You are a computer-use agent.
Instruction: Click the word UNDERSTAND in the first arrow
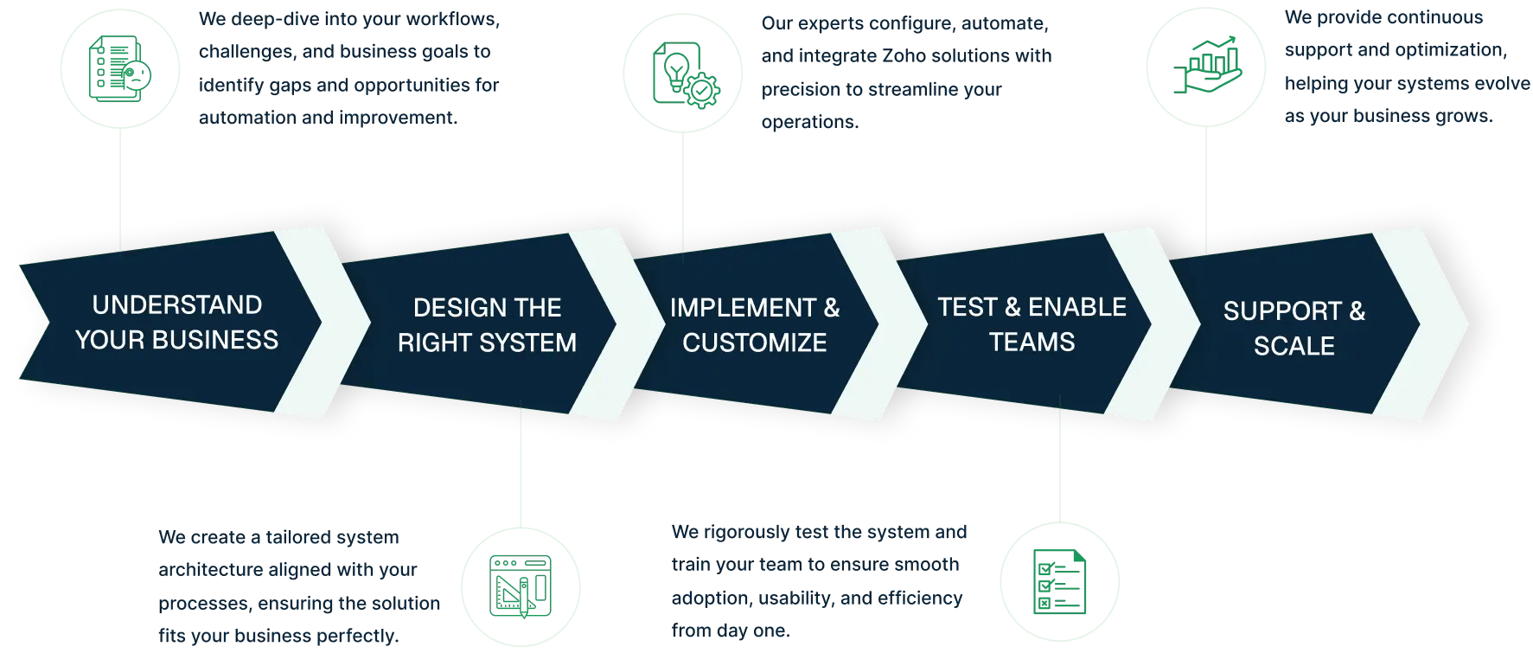[176, 305]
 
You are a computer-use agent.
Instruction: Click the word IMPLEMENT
[742, 308]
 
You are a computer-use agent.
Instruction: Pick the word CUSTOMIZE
[754, 343]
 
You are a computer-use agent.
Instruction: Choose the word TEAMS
[1032, 342]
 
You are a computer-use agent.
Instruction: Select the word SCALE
[1293, 346]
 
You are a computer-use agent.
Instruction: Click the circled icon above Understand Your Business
[119, 70]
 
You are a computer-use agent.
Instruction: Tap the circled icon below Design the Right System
[521, 586]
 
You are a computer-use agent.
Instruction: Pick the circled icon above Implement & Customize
[683, 76]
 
